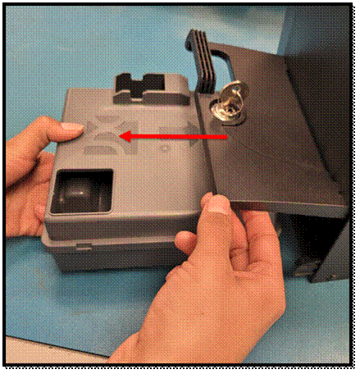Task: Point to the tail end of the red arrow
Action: point(226,137)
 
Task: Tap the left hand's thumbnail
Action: point(71,129)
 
